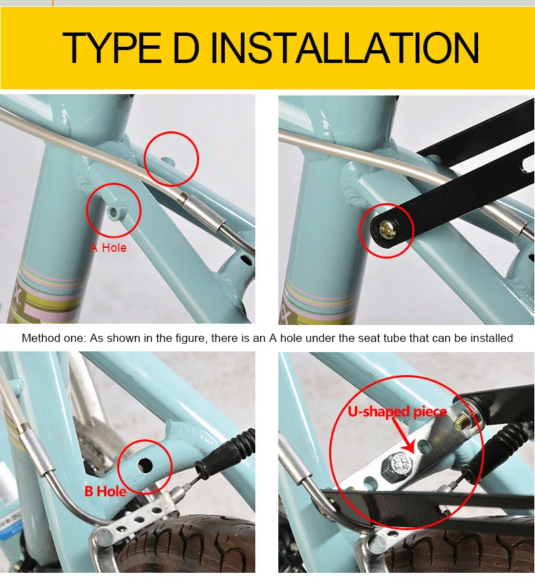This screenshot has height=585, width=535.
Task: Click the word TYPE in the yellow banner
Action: (112, 47)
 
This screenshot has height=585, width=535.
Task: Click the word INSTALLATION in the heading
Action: (345, 47)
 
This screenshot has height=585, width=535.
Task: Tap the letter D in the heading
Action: (186, 47)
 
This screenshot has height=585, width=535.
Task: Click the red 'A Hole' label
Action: (108, 248)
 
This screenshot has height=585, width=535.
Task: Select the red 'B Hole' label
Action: (105, 491)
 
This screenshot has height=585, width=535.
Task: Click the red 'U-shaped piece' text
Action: (398, 412)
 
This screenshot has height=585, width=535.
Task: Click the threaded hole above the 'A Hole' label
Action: (114, 212)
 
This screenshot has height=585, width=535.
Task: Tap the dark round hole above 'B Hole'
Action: (145, 465)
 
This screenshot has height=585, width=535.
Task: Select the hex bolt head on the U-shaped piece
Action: (397, 467)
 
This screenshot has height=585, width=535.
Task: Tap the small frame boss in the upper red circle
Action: (168, 162)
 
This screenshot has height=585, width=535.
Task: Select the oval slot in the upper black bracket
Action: (528, 165)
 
